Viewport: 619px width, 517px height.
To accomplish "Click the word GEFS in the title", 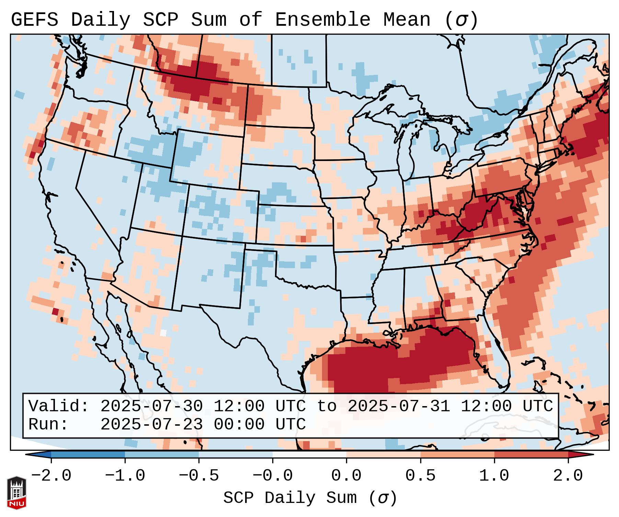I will [35, 20].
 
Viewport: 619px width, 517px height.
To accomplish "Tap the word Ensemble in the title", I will [323, 20].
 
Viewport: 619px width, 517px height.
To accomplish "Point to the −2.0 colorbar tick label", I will [51, 476].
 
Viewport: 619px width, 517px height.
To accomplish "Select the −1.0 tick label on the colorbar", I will [125, 476].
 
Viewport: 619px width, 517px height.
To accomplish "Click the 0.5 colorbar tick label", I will [421, 476].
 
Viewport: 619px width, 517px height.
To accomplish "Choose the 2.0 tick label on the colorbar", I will [568, 476].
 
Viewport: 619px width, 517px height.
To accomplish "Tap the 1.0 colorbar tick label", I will [494, 476].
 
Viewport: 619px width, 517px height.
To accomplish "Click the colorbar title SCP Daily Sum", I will [290, 498].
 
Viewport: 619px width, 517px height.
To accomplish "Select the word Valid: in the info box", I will [59, 406].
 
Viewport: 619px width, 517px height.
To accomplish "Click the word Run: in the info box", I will [48, 424].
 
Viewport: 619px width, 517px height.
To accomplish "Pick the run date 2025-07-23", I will [151, 424].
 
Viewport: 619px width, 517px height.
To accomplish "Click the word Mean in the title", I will [406, 20].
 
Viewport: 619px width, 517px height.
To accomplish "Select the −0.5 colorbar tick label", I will [199, 476].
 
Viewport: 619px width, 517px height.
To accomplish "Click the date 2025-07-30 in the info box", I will [151, 406].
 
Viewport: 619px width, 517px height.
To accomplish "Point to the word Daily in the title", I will [101, 20].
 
